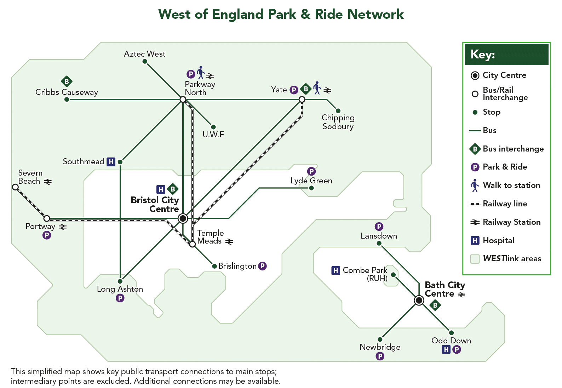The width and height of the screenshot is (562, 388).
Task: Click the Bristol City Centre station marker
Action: coord(183,218)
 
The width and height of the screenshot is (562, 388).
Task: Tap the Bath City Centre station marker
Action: coord(419,300)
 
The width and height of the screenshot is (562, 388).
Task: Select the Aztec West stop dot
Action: coord(145,62)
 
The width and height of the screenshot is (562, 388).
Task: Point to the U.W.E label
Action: coord(213,135)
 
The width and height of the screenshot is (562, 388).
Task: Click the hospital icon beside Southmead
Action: coord(111,162)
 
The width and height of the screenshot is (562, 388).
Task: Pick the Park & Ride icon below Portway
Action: coord(47,235)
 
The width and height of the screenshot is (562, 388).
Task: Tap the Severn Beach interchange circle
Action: coord(16,187)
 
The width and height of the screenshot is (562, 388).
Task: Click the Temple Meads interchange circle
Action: coord(192,244)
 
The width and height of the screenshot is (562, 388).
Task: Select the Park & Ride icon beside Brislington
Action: coord(263,266)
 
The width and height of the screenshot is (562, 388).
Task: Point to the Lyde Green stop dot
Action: coord(311,188)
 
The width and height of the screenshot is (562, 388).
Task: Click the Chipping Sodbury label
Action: coord(338,122)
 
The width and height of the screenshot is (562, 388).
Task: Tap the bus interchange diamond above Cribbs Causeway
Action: coord(67,81)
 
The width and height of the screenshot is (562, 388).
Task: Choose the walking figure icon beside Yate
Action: coord(317,88)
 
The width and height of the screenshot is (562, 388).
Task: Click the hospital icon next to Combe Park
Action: coord(336,270)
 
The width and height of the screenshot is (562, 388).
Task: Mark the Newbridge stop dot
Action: coord(380,339)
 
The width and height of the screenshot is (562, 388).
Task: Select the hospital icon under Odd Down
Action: coord(446,349)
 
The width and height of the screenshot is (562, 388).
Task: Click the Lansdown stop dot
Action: coord(379,243)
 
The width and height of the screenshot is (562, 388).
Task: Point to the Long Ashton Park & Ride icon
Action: coord(120,298)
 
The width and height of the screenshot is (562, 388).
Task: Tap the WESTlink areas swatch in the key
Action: coord(475,259)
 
